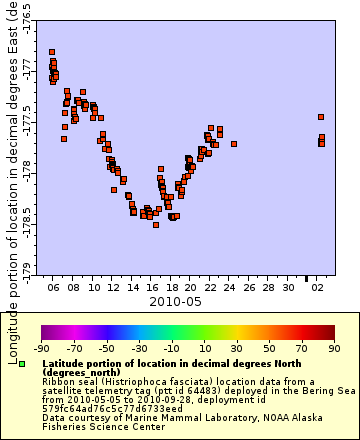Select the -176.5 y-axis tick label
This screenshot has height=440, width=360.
pyautogui.click(x=27, y=19)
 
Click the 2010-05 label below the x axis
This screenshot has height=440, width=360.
pyautogui.click(x=176, y=300)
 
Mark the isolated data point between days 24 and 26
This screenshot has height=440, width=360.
pyautogui.click(x=234, y=144)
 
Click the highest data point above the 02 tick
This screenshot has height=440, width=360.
pyautogui.click(x=321, y=117)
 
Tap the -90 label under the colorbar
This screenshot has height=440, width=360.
pyautogui.click(x=42, y=348)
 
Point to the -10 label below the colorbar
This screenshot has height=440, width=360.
pyautogui.click(x=170, y=348)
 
